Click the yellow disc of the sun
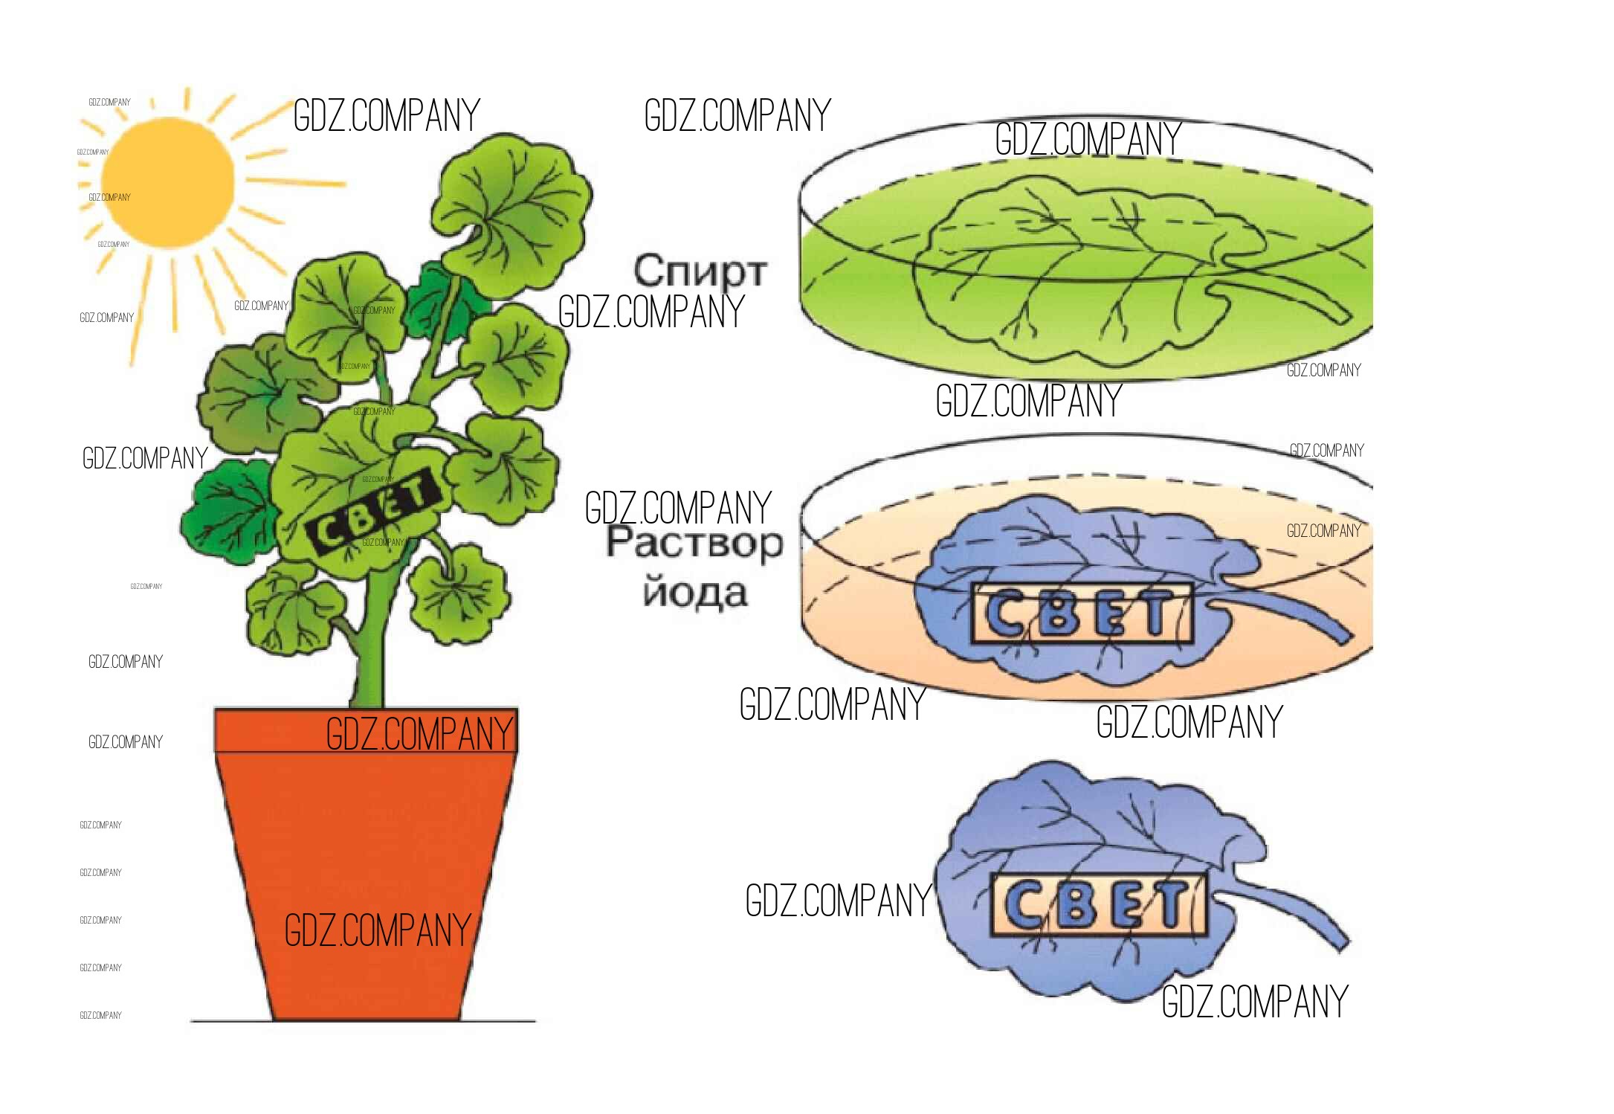167,182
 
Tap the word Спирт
699,271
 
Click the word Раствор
694,543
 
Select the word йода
694,593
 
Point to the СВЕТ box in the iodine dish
1082,614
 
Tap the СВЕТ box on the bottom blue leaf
1099,904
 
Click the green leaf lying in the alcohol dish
1078,268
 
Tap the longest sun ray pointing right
297,181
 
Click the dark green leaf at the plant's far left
227,513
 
